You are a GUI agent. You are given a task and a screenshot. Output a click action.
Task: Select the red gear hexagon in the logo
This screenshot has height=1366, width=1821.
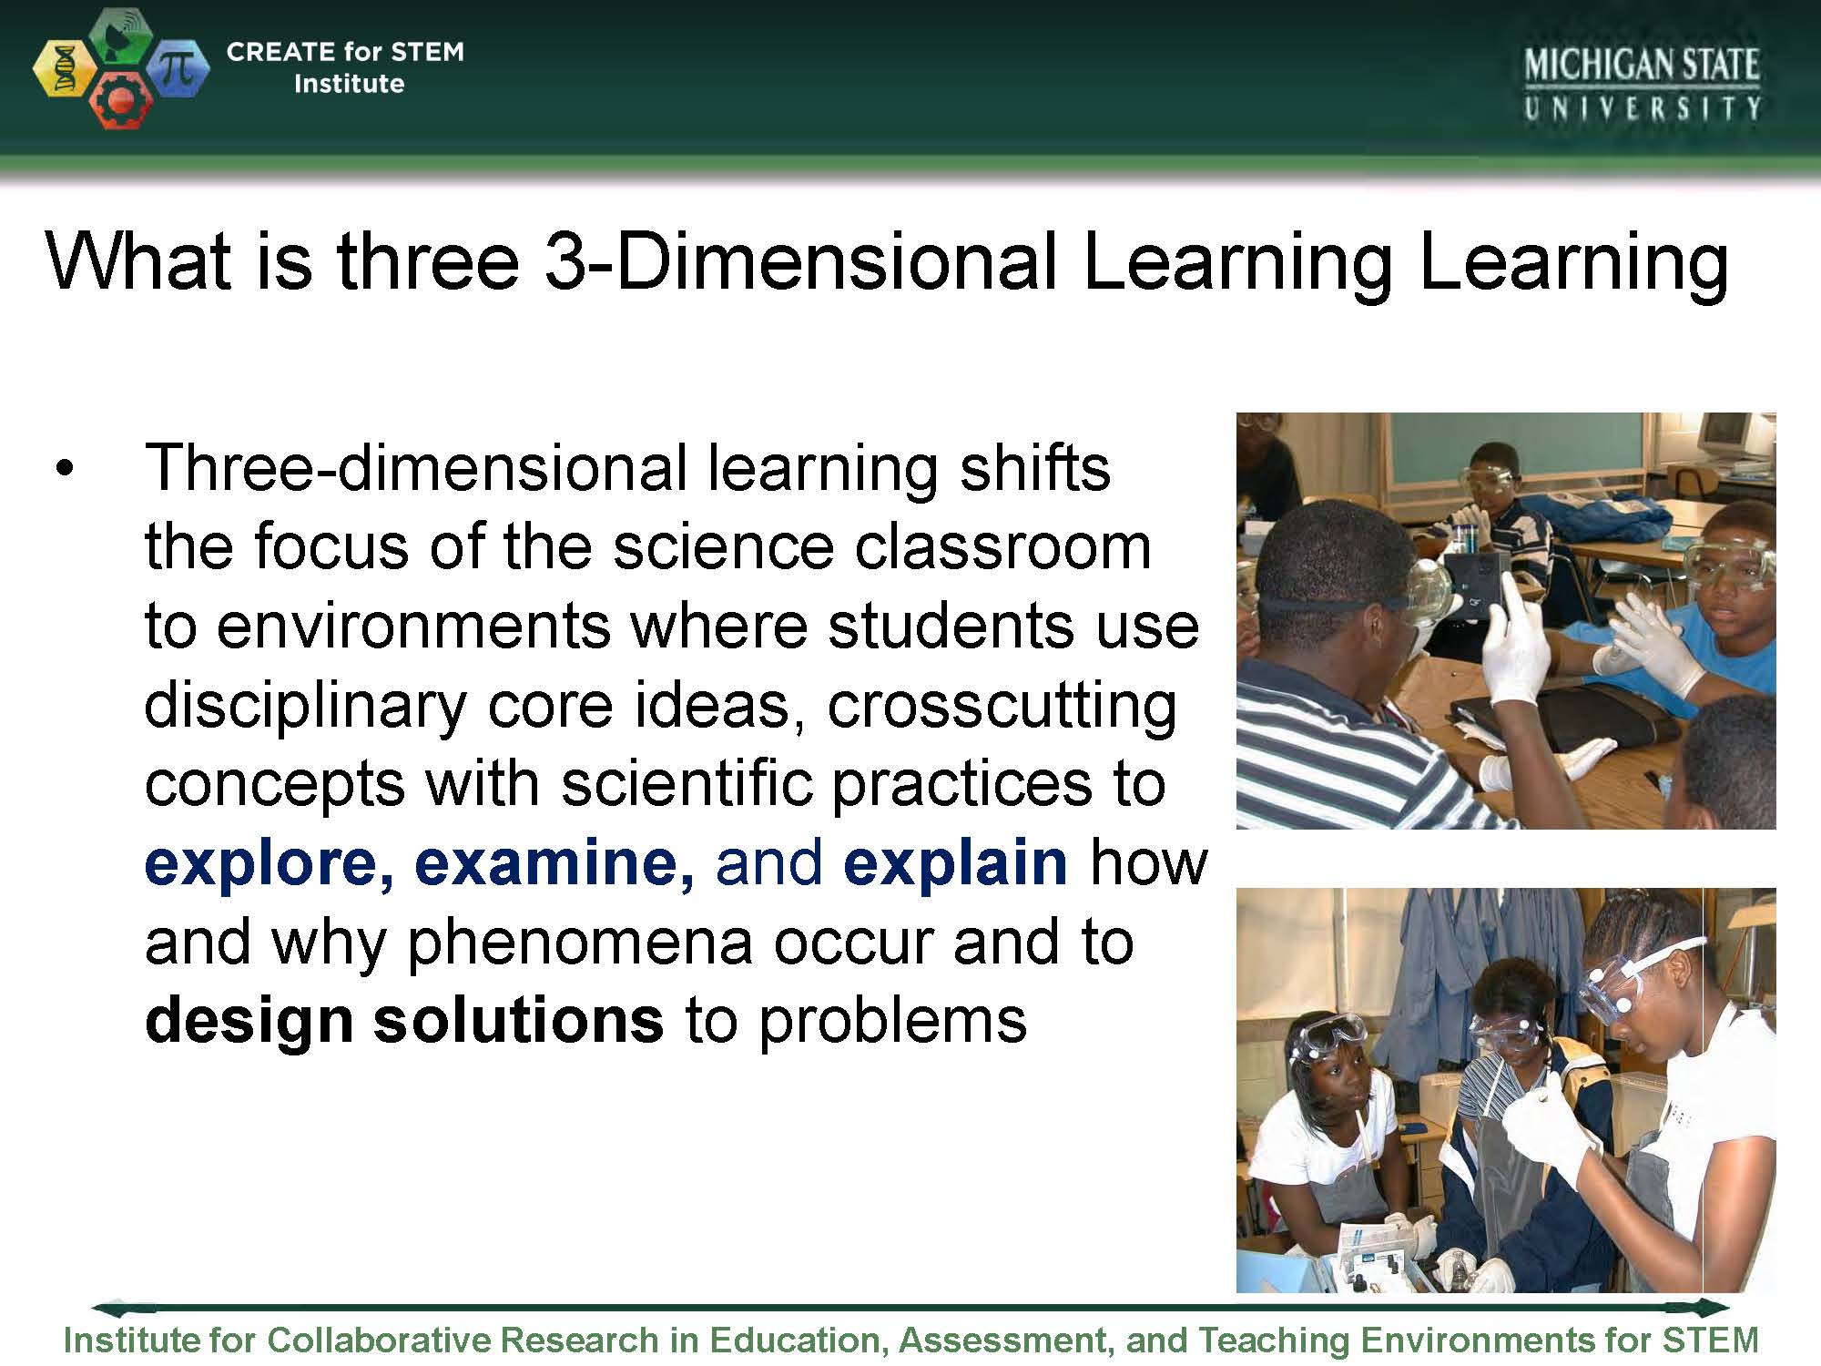coord(119,102)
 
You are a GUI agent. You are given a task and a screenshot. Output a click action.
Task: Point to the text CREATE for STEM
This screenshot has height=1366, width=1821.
coord(345,52)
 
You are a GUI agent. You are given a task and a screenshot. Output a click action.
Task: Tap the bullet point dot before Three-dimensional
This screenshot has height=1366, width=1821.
coord(63,470)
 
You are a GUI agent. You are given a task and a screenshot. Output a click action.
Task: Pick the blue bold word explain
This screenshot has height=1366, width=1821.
coord(955,863)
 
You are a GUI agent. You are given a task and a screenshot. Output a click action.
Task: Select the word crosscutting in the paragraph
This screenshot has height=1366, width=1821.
coord(1002,707)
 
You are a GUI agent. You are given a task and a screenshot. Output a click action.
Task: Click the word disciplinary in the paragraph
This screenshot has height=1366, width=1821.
coord(305,707)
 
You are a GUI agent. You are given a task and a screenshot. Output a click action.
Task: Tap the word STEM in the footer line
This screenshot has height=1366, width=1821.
coord(1711,1341)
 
